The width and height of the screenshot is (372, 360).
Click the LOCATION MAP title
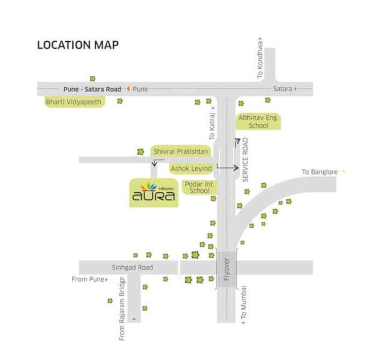pyautogui.click(x=78, y=45)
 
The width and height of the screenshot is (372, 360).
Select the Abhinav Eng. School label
pyautogui.click(x=259, y=121)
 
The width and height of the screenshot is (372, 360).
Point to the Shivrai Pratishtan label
pyautogui.click(x=181, y=151)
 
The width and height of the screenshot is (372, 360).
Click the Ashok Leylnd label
pyautogui.click(x=191, y=168)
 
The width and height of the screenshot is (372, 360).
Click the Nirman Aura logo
pyautogui.click(x=154, y=192)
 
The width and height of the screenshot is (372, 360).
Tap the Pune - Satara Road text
pyautogui.click(x=92, y=89)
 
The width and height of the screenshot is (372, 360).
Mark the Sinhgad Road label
pyautogui.click(x=132, y=267)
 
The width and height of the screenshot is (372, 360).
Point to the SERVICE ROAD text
pyautogui.click(x=244, y=160)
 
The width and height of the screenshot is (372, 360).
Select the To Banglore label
pyautogui.click(x=320, y=172)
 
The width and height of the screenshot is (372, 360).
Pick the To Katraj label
pyautogui.click(x=212, y=127)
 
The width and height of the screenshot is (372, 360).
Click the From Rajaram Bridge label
pyautogui.click(x=122, y=308)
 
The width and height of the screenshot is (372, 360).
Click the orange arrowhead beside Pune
pyautogui.click(x=127, y=89)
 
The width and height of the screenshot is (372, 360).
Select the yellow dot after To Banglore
pyautogui.click(x=344, y=172)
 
